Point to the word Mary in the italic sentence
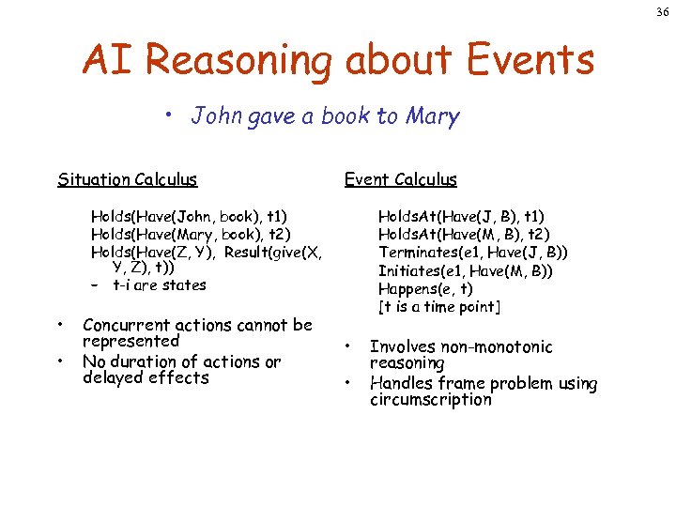(x=432, y=116)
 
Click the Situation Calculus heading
(x=128, y=179)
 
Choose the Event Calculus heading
(x=401, y=179)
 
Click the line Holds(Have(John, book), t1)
(x=189, y=217)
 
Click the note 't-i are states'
(x=159, y=285)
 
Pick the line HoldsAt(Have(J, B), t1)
(x=461, y=217)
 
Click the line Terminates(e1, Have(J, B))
(x=473, y=253)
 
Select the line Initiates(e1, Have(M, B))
(x=466, y=270)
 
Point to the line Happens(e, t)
(x=425, y=289)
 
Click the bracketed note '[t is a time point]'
(x=439, y=307)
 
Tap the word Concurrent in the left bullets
(x=131, y=325)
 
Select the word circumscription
(x=431, y=400)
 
